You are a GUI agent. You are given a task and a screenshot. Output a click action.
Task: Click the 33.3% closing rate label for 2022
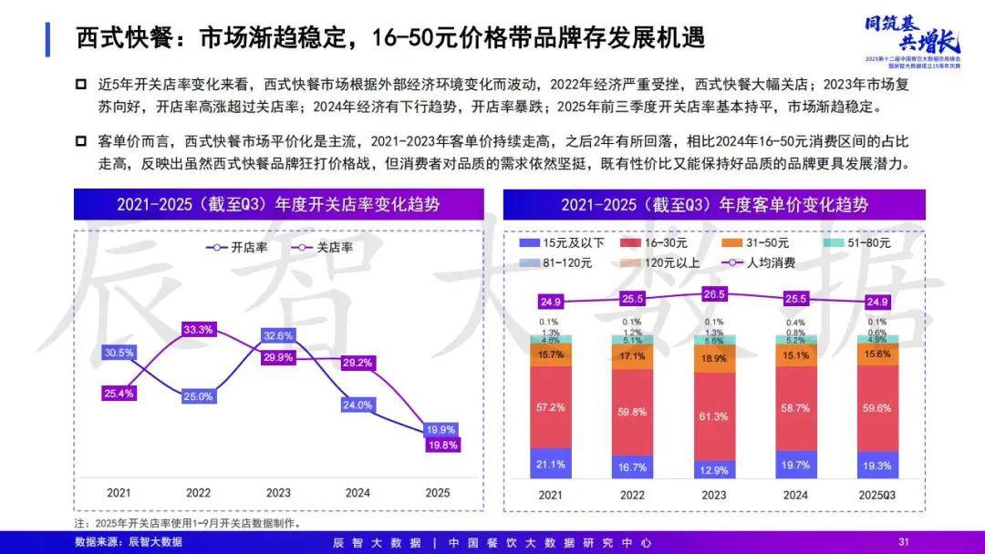click(x=198, y=329)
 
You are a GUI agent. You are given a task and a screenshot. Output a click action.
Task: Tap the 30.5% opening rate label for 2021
click(x=119, y=353)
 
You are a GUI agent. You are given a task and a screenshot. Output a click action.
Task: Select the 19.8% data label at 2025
click(x=441, y=445)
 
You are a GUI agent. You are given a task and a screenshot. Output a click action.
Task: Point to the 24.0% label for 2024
click(x=358, y=405)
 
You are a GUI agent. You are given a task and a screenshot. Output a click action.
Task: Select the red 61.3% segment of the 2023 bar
click(x=712, y=416)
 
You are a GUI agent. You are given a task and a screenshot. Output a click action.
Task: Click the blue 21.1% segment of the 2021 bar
click(x=550, y=464)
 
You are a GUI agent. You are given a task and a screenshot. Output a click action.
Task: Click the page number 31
click(x=904, y=542)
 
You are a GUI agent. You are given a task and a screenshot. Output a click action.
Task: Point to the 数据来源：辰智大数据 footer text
click(x=129, y=542)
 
